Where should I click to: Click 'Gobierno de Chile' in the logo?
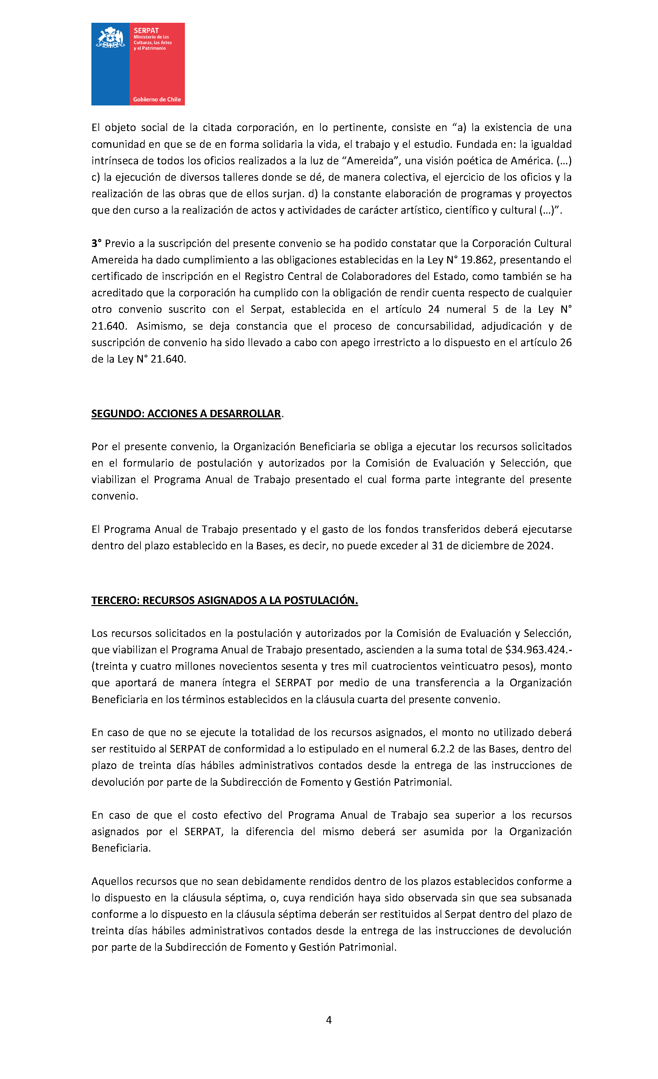coord(157,99)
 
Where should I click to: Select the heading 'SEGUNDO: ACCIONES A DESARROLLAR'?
coord(186,414)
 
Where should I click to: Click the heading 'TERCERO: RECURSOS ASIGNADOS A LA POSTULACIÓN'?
coord(224,600)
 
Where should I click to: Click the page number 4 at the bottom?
coord(329,1020)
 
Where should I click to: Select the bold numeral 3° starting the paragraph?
coord(96,243)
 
